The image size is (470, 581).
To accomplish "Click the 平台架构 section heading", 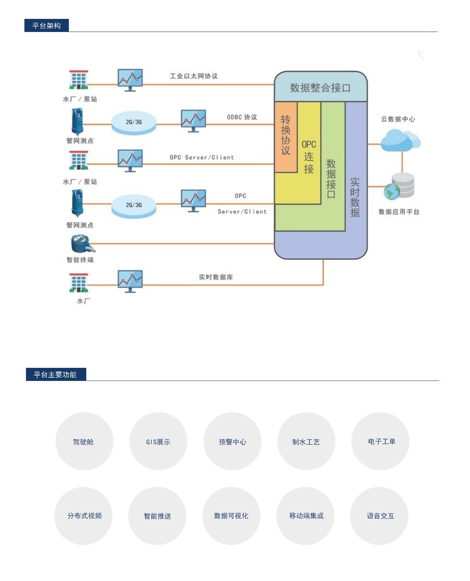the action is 46,25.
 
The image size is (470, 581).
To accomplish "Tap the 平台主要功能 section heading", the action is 56,374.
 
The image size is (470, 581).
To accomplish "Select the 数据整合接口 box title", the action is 320,88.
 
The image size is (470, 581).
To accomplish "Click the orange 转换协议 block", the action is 285,137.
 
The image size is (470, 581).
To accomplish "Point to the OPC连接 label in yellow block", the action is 308,157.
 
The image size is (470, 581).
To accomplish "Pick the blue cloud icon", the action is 400,141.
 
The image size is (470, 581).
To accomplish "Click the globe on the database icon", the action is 392,191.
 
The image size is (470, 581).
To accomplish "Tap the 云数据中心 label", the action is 398,119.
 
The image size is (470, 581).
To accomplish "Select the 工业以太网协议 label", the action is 193,76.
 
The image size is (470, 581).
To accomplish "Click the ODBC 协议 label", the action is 242,117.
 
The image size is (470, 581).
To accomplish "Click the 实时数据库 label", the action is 216,277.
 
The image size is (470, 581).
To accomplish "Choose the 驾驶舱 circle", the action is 84,441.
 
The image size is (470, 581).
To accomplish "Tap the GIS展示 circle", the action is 158,441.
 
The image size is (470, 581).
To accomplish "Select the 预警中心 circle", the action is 232,441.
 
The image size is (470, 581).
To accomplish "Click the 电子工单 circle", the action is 380,441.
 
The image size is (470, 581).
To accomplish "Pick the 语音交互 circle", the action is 379,516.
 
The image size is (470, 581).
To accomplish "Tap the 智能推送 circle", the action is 157,516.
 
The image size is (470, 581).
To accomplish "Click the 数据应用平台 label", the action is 399,212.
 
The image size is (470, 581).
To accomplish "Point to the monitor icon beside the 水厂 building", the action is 130,281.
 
